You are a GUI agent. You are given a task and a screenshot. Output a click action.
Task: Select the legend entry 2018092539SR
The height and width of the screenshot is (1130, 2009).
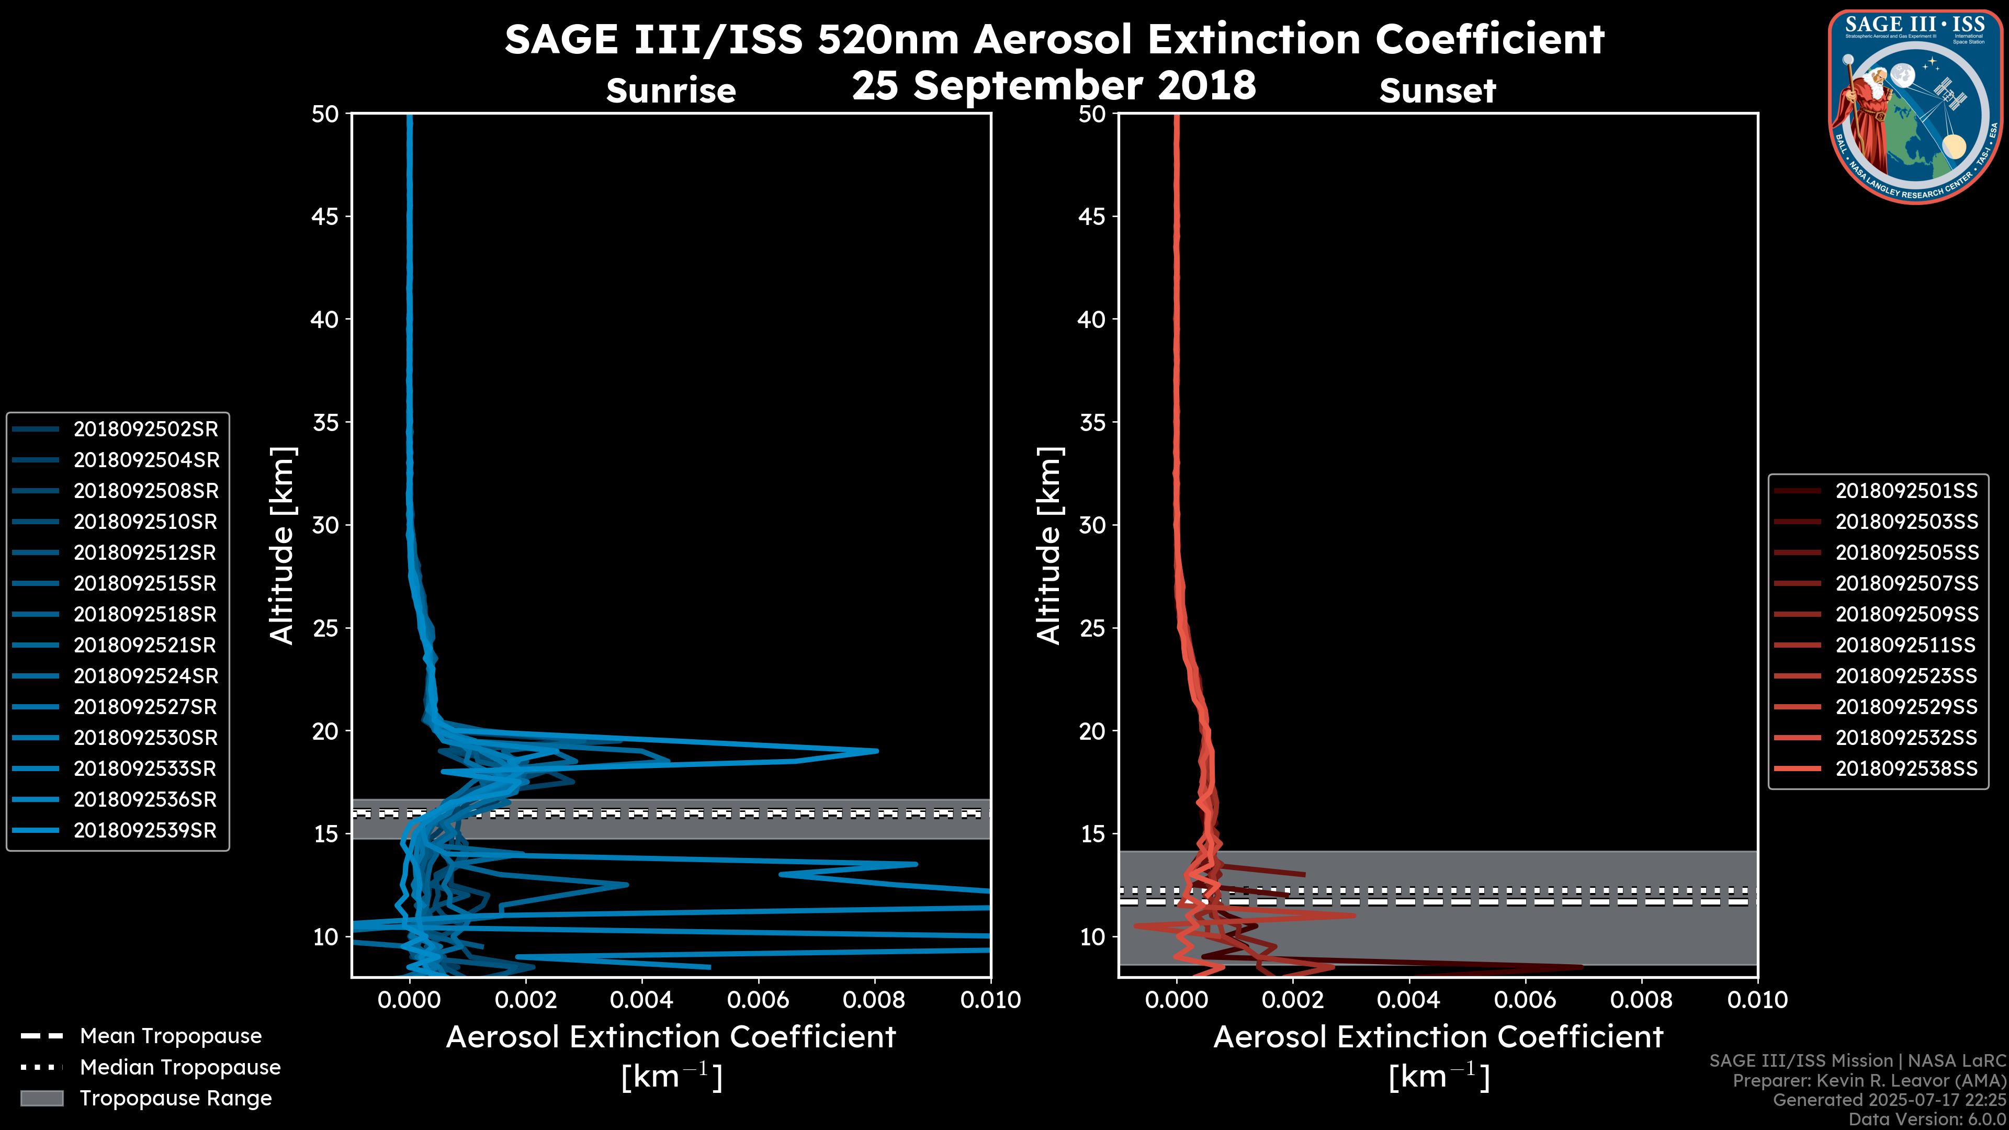tap(144, 831)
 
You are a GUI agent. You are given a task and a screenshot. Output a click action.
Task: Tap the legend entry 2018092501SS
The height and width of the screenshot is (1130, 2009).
tap(1906, 491)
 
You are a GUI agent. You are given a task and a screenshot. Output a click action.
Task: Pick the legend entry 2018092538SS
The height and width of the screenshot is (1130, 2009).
tap(1906, 769)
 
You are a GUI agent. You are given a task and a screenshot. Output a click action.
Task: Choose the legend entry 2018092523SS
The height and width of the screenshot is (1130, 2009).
tap(1906, 676)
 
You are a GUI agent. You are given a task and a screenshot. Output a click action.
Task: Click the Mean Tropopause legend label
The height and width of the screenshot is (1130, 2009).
tap(171, 1036)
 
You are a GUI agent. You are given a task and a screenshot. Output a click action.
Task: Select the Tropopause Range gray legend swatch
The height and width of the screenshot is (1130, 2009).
tap(42, 1098)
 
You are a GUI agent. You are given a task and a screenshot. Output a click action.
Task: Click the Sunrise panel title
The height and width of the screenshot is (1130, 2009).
tap(671, 91)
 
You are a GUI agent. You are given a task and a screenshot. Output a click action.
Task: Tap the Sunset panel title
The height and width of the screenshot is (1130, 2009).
tap(1437, 91)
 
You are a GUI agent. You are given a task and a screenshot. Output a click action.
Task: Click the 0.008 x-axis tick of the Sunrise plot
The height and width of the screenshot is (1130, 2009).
tap(874, 1000)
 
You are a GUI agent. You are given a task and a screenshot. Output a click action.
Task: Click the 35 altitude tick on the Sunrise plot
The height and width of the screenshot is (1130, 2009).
tap(326, 423)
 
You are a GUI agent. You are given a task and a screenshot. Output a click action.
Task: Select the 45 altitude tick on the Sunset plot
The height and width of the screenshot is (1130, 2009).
tap(1092, 217)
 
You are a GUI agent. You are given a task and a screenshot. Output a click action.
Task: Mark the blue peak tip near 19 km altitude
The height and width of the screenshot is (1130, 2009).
tap(877, 751)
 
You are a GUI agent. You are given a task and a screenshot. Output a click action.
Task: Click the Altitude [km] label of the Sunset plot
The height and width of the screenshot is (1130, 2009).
tap(1049, 546)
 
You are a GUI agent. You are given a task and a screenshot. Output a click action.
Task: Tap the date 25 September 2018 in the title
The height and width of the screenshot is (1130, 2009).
tap(1054, 85)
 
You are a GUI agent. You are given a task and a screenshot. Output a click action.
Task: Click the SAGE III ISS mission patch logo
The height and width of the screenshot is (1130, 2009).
tap(1915, 106)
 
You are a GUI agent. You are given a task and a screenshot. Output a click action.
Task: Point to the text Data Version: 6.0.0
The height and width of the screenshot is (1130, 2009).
tap(1928, 1119)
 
